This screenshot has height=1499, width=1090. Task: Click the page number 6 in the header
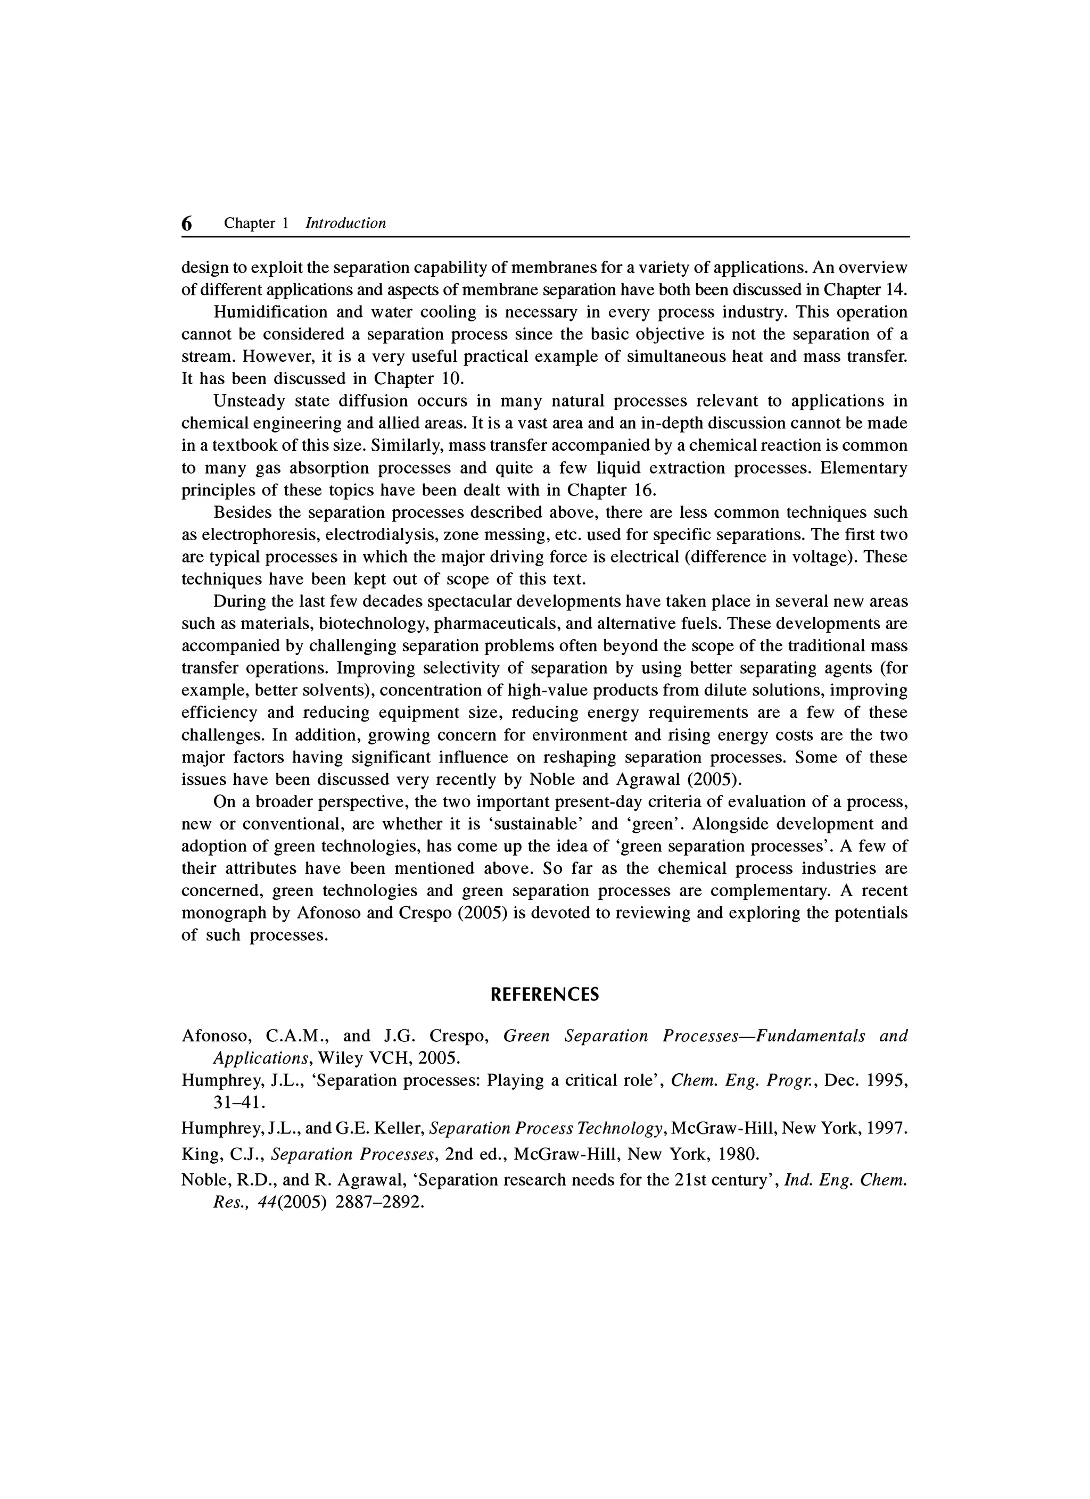click(x=187, y=223)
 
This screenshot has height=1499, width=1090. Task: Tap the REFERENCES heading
click(x=544, y=995)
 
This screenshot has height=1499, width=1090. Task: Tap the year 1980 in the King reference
click(x=738, y=1155)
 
